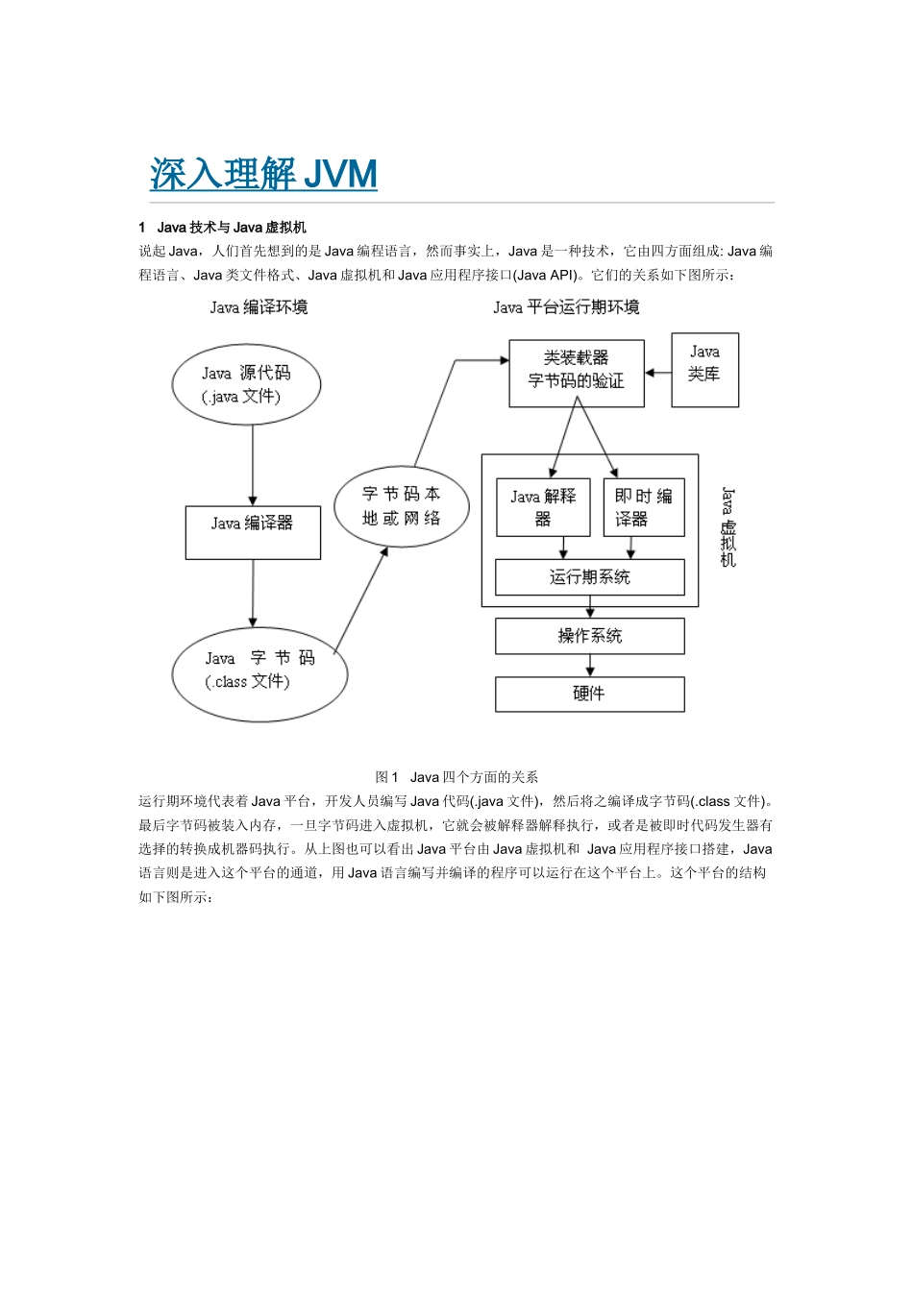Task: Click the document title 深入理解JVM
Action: pyautogui.click(x=263, y=174)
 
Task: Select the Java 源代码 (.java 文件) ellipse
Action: pyautogui.click(x=246, y=384)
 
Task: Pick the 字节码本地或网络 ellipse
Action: pyautogui.click(x=402, y=506)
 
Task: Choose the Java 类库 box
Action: pyautogui.click(x=704, y=370)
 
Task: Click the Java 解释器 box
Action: pyautogui.click(x=543, y=507)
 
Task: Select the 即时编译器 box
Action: pyautogui.click(x=644, y=507)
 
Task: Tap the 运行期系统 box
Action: pyautogui.click(x=590, y=577)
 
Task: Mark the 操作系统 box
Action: pyautogui.click(x=590, y=636)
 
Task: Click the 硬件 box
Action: pyautogui.click(x=590, y=694)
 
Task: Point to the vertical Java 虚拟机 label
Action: pyautogui.click(x=728, y=527)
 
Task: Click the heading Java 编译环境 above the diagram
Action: pyautogui.click(x=259, y=307)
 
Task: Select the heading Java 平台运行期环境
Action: pyautogui.click(x=566, y=307)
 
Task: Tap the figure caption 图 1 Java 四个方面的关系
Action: pyautogui.click(x=456, y=777)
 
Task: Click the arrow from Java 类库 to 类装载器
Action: pyautogui.click(x=657, y=373)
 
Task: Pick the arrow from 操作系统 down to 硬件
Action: pyautogui.click(x=590, y=666)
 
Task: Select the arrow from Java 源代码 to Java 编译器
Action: pyautogui.click(x=253, y=465)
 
